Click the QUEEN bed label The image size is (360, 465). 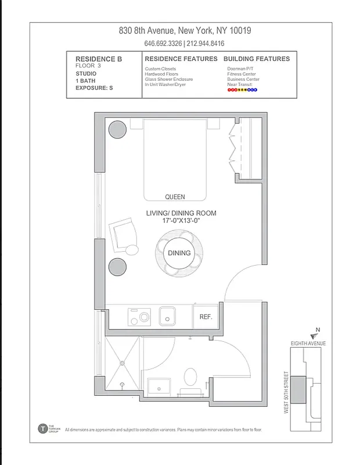pos(175,197)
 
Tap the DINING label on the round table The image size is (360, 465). pos(179,253)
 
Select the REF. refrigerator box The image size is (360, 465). pos(206,317)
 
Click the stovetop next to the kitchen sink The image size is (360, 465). pos(139,317)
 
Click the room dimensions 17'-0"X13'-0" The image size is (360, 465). pos(181,221)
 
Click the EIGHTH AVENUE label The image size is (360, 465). pos(308,344)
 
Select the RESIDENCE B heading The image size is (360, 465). pos(99,59)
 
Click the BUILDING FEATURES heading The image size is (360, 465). pos(256,59)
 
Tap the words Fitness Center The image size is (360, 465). pos(242,74)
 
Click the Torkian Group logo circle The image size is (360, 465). pos(42,429)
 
